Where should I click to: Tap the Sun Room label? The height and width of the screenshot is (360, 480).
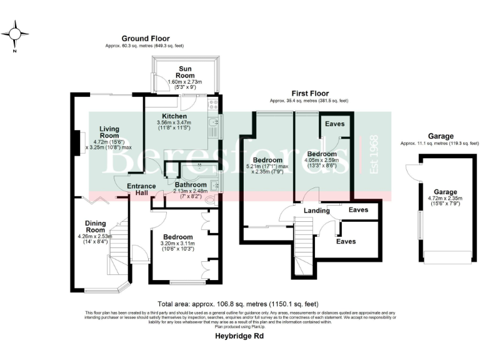pos(185,69)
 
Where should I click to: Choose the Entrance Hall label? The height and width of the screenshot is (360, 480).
pos(137,189)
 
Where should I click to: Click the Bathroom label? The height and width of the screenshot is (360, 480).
pos(191,185)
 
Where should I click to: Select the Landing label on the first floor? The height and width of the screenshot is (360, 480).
pos(316,211)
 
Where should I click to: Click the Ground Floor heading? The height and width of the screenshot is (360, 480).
pos(146,39)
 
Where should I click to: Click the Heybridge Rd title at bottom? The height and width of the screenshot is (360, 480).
pos(239,336)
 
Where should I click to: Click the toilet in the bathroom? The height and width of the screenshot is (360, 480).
pos(208,199)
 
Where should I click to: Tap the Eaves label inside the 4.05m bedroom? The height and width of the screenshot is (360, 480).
pos(334,124)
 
